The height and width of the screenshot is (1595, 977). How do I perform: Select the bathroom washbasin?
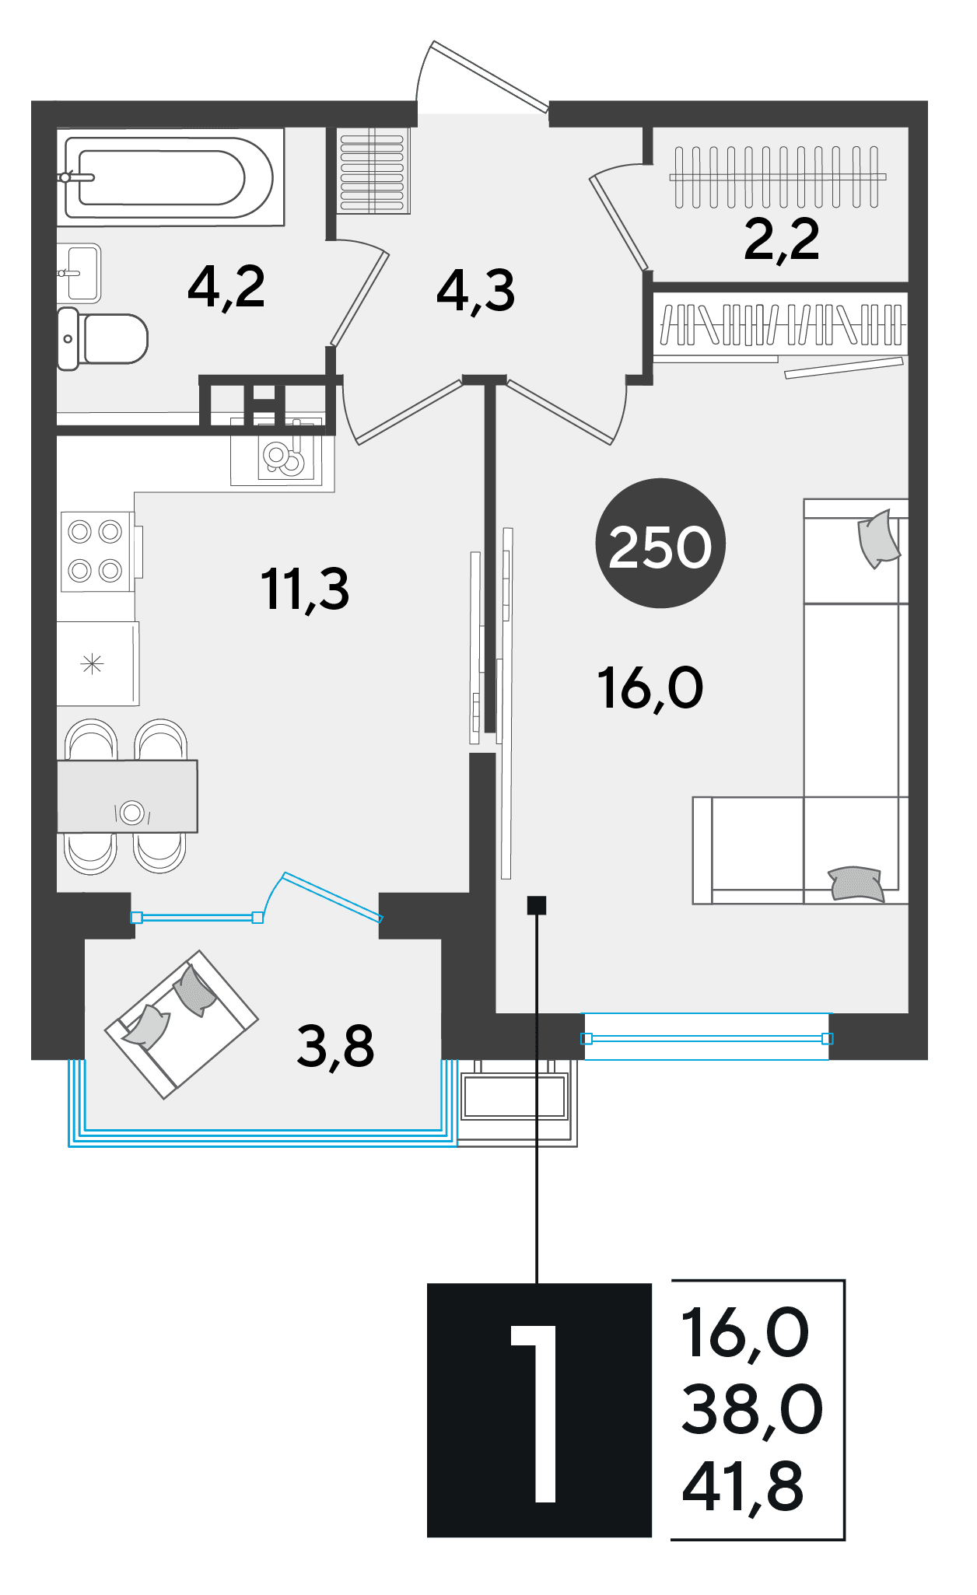click(x=79, y=273)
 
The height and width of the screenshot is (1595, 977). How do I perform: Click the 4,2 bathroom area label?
click(x=226, y=288)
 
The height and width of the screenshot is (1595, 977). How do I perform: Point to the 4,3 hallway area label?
click(x=475, y=291)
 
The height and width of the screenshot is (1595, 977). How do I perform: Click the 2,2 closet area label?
click(x=782, y=239)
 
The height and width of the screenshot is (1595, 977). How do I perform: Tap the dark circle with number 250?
click(x=660, y=543)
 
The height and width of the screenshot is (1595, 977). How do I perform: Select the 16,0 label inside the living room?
click(x=650, y=688)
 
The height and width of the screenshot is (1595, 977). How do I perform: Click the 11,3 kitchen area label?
click(x=305, y=589)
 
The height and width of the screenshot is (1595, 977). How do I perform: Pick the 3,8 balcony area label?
click(x=335, y=1046)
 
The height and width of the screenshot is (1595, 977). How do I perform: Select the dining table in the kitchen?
click(x=128, y=796)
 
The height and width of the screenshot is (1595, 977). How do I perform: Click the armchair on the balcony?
click(x=181, y=1024)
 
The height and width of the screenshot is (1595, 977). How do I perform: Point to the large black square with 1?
click(x=539, y=1409)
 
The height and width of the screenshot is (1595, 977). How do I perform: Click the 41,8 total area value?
click(x=743, y=1487)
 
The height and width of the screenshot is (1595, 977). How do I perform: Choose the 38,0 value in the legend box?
click(x=752, y=1409)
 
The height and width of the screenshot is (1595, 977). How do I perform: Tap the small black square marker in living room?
click(x=537, y=905)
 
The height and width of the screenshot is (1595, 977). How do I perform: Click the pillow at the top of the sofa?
click(x=878, y=538)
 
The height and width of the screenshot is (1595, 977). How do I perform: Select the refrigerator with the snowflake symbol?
click(x=98, y=663)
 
